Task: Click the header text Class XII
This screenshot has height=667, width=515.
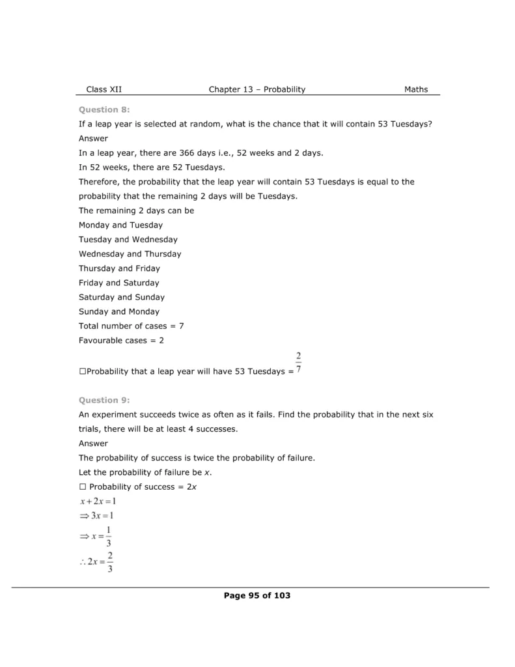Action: (x=104, y=90)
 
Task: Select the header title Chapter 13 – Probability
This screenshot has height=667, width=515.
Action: (x=257, y=90)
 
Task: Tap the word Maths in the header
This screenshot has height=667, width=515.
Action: (x=416, y=90)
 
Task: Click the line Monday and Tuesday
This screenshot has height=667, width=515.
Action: (x=120, y=225)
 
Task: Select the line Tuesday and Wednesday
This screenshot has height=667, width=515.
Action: (x=128, y=240)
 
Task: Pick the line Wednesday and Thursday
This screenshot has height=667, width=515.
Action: (x=130, y=254)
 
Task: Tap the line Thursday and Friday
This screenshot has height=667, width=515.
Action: (x=119, y=268)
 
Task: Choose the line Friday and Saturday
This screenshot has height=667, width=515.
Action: (x=119, y=283)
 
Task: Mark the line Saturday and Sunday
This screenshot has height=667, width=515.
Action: (x=122, y=297)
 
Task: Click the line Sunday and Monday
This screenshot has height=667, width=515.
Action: (x=119, y=311)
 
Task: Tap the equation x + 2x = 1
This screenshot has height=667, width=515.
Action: (x=98, y=502)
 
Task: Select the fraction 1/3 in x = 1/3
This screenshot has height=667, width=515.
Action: (x=108, y=536)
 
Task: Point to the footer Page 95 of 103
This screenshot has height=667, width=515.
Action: (x=257, y=595)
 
